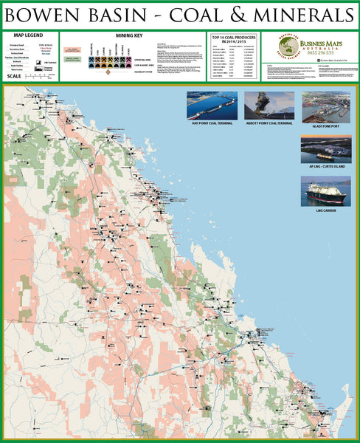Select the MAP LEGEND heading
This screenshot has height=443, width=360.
tap(29, 35)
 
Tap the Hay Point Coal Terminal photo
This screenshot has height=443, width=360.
tap(212, 105)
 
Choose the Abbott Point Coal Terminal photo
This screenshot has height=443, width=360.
tap(269, 105)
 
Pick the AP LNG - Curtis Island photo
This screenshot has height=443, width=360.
tap(325, 148)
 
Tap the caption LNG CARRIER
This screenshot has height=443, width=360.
tap(325, 210)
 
